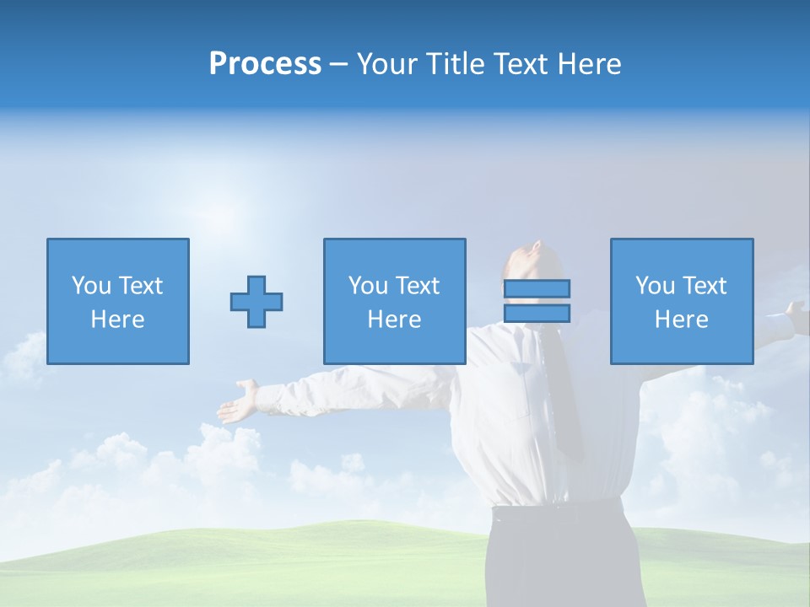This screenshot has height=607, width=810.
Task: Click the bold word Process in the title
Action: coord(265,64)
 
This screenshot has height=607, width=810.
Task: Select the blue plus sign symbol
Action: coord(256,302)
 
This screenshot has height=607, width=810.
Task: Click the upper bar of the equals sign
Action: coord(537,288)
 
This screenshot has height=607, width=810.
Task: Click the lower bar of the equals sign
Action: coord(537,313)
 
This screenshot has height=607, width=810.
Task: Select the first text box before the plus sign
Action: coord(117,301)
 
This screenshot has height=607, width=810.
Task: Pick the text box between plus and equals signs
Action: coord(394,301)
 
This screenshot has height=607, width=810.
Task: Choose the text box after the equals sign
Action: coord(681,301)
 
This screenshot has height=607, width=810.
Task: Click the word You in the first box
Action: coord(90,286)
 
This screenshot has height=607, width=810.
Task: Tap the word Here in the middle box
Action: coord(394,320)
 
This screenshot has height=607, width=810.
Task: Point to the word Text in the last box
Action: coord(705,286)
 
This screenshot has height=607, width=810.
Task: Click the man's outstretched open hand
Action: coord(239,400)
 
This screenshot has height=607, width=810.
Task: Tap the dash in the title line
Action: coord(339,64)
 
